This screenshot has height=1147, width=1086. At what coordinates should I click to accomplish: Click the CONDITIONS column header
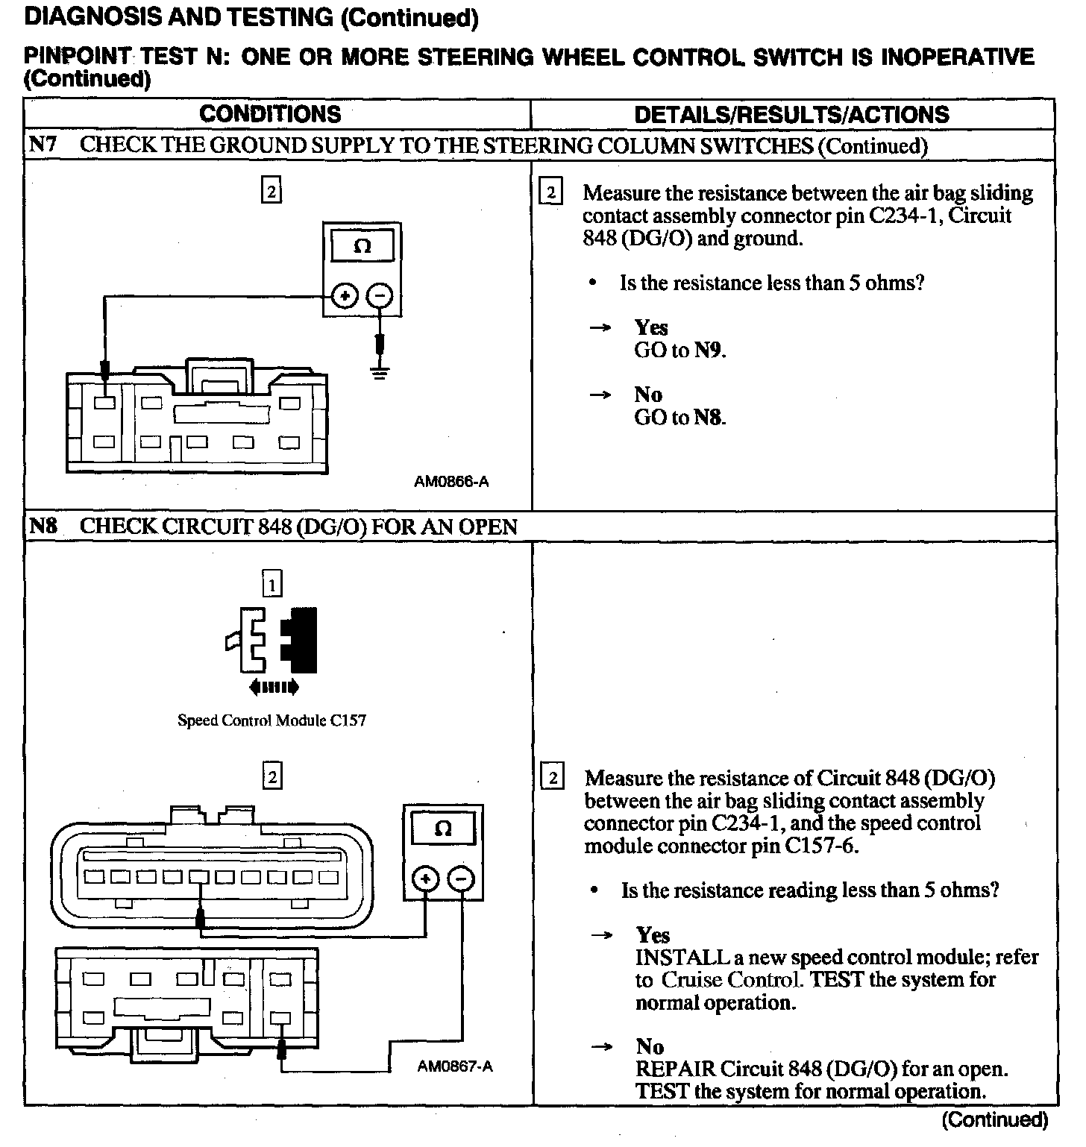pos(270,114)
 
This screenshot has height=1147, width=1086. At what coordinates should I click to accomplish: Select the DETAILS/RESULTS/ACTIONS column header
pos(791,115)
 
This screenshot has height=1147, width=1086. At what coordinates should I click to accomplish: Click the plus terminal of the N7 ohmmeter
pos(345,296)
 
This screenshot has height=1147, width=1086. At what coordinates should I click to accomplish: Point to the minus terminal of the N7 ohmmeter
pos(380,296)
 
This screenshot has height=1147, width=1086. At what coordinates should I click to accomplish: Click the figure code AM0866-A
pos(451,482)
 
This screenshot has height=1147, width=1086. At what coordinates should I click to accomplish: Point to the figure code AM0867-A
pos(454,1066)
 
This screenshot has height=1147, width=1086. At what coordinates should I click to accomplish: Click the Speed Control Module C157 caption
pos(271,720)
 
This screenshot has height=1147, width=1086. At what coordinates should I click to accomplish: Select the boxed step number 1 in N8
pos(272,585)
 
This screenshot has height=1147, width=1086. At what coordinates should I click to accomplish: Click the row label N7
pos(43,145)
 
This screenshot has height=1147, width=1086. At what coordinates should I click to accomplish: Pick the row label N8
pos(43,527)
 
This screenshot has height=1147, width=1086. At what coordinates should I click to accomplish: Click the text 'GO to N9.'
pos(679,350)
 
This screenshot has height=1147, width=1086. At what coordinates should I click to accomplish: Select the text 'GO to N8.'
pos(679,417)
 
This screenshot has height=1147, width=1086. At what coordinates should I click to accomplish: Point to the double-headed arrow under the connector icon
pos(274,687)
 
